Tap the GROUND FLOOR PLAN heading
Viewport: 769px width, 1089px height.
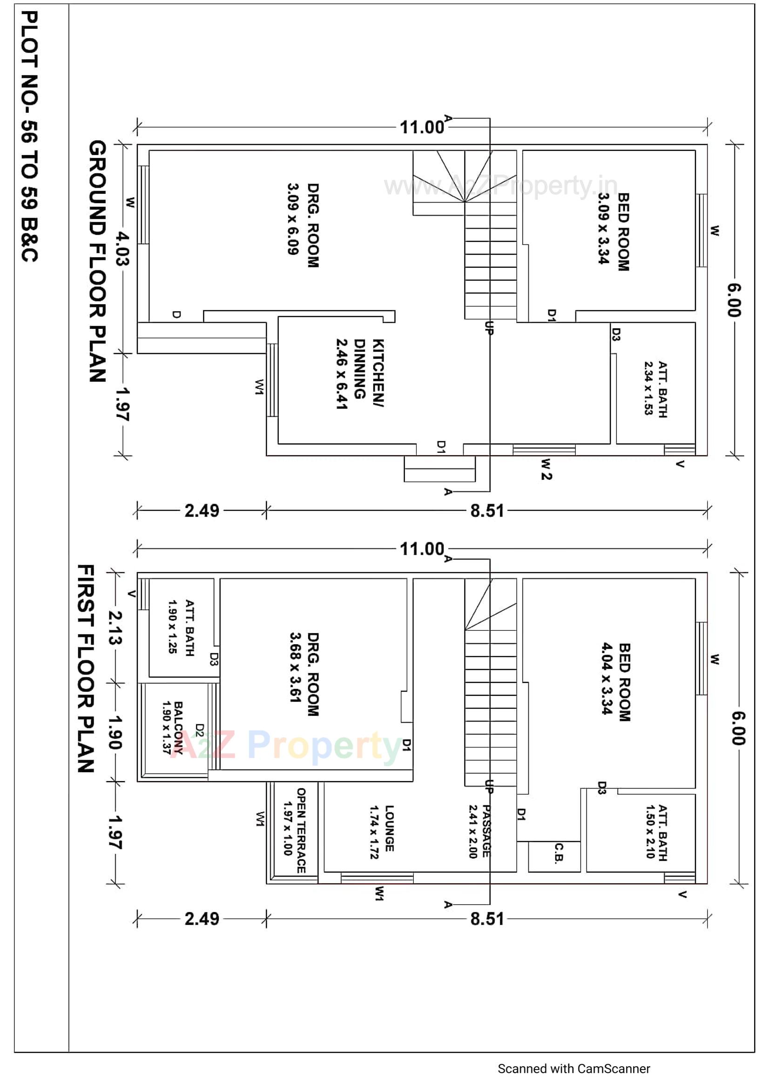97,261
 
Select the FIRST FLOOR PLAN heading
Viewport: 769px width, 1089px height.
86,668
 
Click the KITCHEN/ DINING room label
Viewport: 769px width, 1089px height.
360,374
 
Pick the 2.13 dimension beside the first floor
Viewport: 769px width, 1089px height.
115,627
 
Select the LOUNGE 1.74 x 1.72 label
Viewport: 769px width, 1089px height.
382,832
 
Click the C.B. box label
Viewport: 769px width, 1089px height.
559,852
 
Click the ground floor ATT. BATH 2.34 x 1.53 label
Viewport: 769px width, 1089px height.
656,389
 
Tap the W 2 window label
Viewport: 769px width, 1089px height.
546,470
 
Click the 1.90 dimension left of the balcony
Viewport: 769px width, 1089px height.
115,732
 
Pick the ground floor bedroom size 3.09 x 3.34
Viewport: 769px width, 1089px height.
603,228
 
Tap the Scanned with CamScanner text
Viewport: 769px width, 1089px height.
573,1068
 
